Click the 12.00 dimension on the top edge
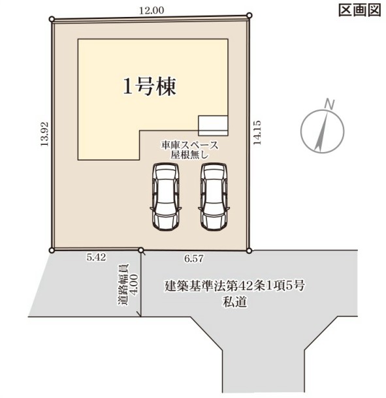(152, 10)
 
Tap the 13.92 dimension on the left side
(44, 134)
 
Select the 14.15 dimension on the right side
(257, 132)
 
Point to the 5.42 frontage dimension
(96, 257)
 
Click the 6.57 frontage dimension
(194, 258)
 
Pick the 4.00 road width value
(134, 284)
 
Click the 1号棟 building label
(150, 86)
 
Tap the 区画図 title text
(360, 10)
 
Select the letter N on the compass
(330, 104)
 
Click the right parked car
(214, 196)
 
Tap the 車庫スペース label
(189, 145)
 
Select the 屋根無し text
(189, 155)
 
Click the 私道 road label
(235, 302)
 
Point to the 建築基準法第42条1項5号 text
(235, 286)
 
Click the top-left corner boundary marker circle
(52, 19)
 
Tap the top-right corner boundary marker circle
(249, 16)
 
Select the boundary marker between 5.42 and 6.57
(141, 250)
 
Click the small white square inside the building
(213, 126)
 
